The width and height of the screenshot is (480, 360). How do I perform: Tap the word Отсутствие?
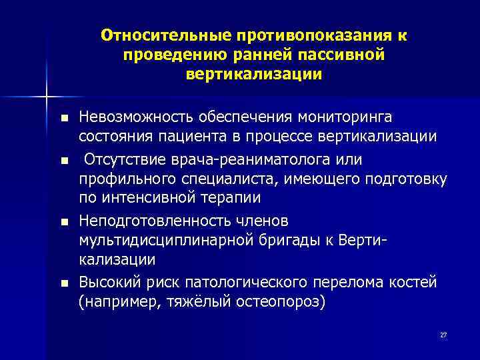pyautogui.click(x=122, y=161)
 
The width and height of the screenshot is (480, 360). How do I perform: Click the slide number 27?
pyautogui.click(x=443, y=335)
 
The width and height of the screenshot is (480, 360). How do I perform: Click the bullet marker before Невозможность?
pyautogui.click(x=63, y=119)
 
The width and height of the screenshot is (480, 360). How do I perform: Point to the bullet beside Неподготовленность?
pyautogui.click(x=63, y=221)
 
